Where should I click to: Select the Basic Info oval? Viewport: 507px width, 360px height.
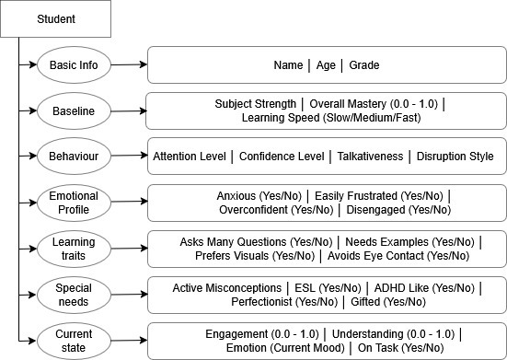74,65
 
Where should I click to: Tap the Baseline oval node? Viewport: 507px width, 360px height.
74,111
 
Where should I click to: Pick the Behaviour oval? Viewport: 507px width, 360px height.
74,157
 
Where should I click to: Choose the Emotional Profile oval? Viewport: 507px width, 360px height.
74,203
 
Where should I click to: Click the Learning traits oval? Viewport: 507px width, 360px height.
74,249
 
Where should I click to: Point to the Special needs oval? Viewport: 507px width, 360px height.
74,295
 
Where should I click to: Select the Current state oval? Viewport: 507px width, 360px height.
74,340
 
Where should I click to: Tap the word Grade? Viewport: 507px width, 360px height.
363,65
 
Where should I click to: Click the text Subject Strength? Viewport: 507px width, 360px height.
255,104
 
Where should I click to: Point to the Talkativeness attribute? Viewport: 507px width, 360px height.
366,157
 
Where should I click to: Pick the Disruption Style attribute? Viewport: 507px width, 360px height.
455,157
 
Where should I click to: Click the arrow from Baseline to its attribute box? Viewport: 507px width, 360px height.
129,110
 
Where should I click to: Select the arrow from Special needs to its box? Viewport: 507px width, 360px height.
129,295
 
